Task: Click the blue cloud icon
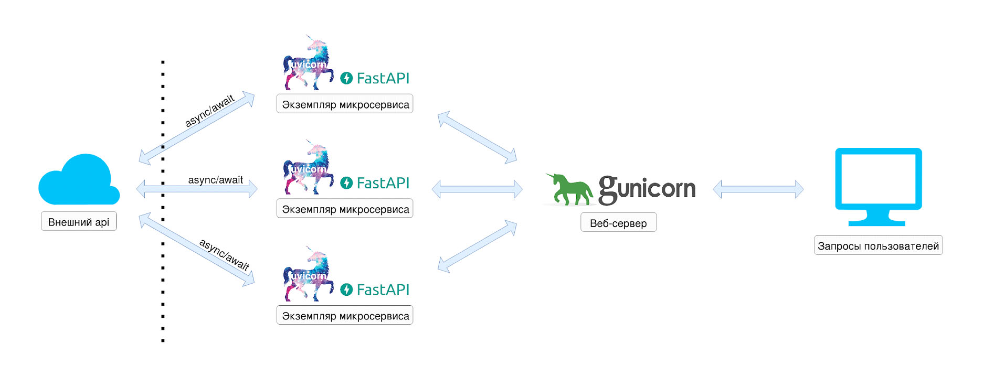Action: click(79, 181)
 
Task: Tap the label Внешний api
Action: click(79, 222)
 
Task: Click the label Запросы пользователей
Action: click(878, 246)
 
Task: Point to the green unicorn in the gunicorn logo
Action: click(569, 189)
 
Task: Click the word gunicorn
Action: click(647, 189)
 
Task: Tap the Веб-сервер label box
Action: click(618, 223)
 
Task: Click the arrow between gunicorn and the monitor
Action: click(758, 189)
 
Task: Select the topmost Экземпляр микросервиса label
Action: click(345, 104)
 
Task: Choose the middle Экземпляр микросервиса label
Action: click(345, 209)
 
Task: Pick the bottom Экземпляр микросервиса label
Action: click(345, 316)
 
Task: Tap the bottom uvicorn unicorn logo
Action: click(309, 275)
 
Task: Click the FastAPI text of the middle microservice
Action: click(383, 183)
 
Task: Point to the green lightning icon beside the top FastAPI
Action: click(346, 78)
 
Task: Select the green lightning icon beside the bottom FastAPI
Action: click(346, 289)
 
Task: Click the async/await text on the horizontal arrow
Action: click(216, 180)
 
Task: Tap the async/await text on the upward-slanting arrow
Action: click(209, 111)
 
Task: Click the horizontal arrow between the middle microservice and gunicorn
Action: click(477, 189)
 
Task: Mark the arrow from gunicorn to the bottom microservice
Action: click(477, 246)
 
